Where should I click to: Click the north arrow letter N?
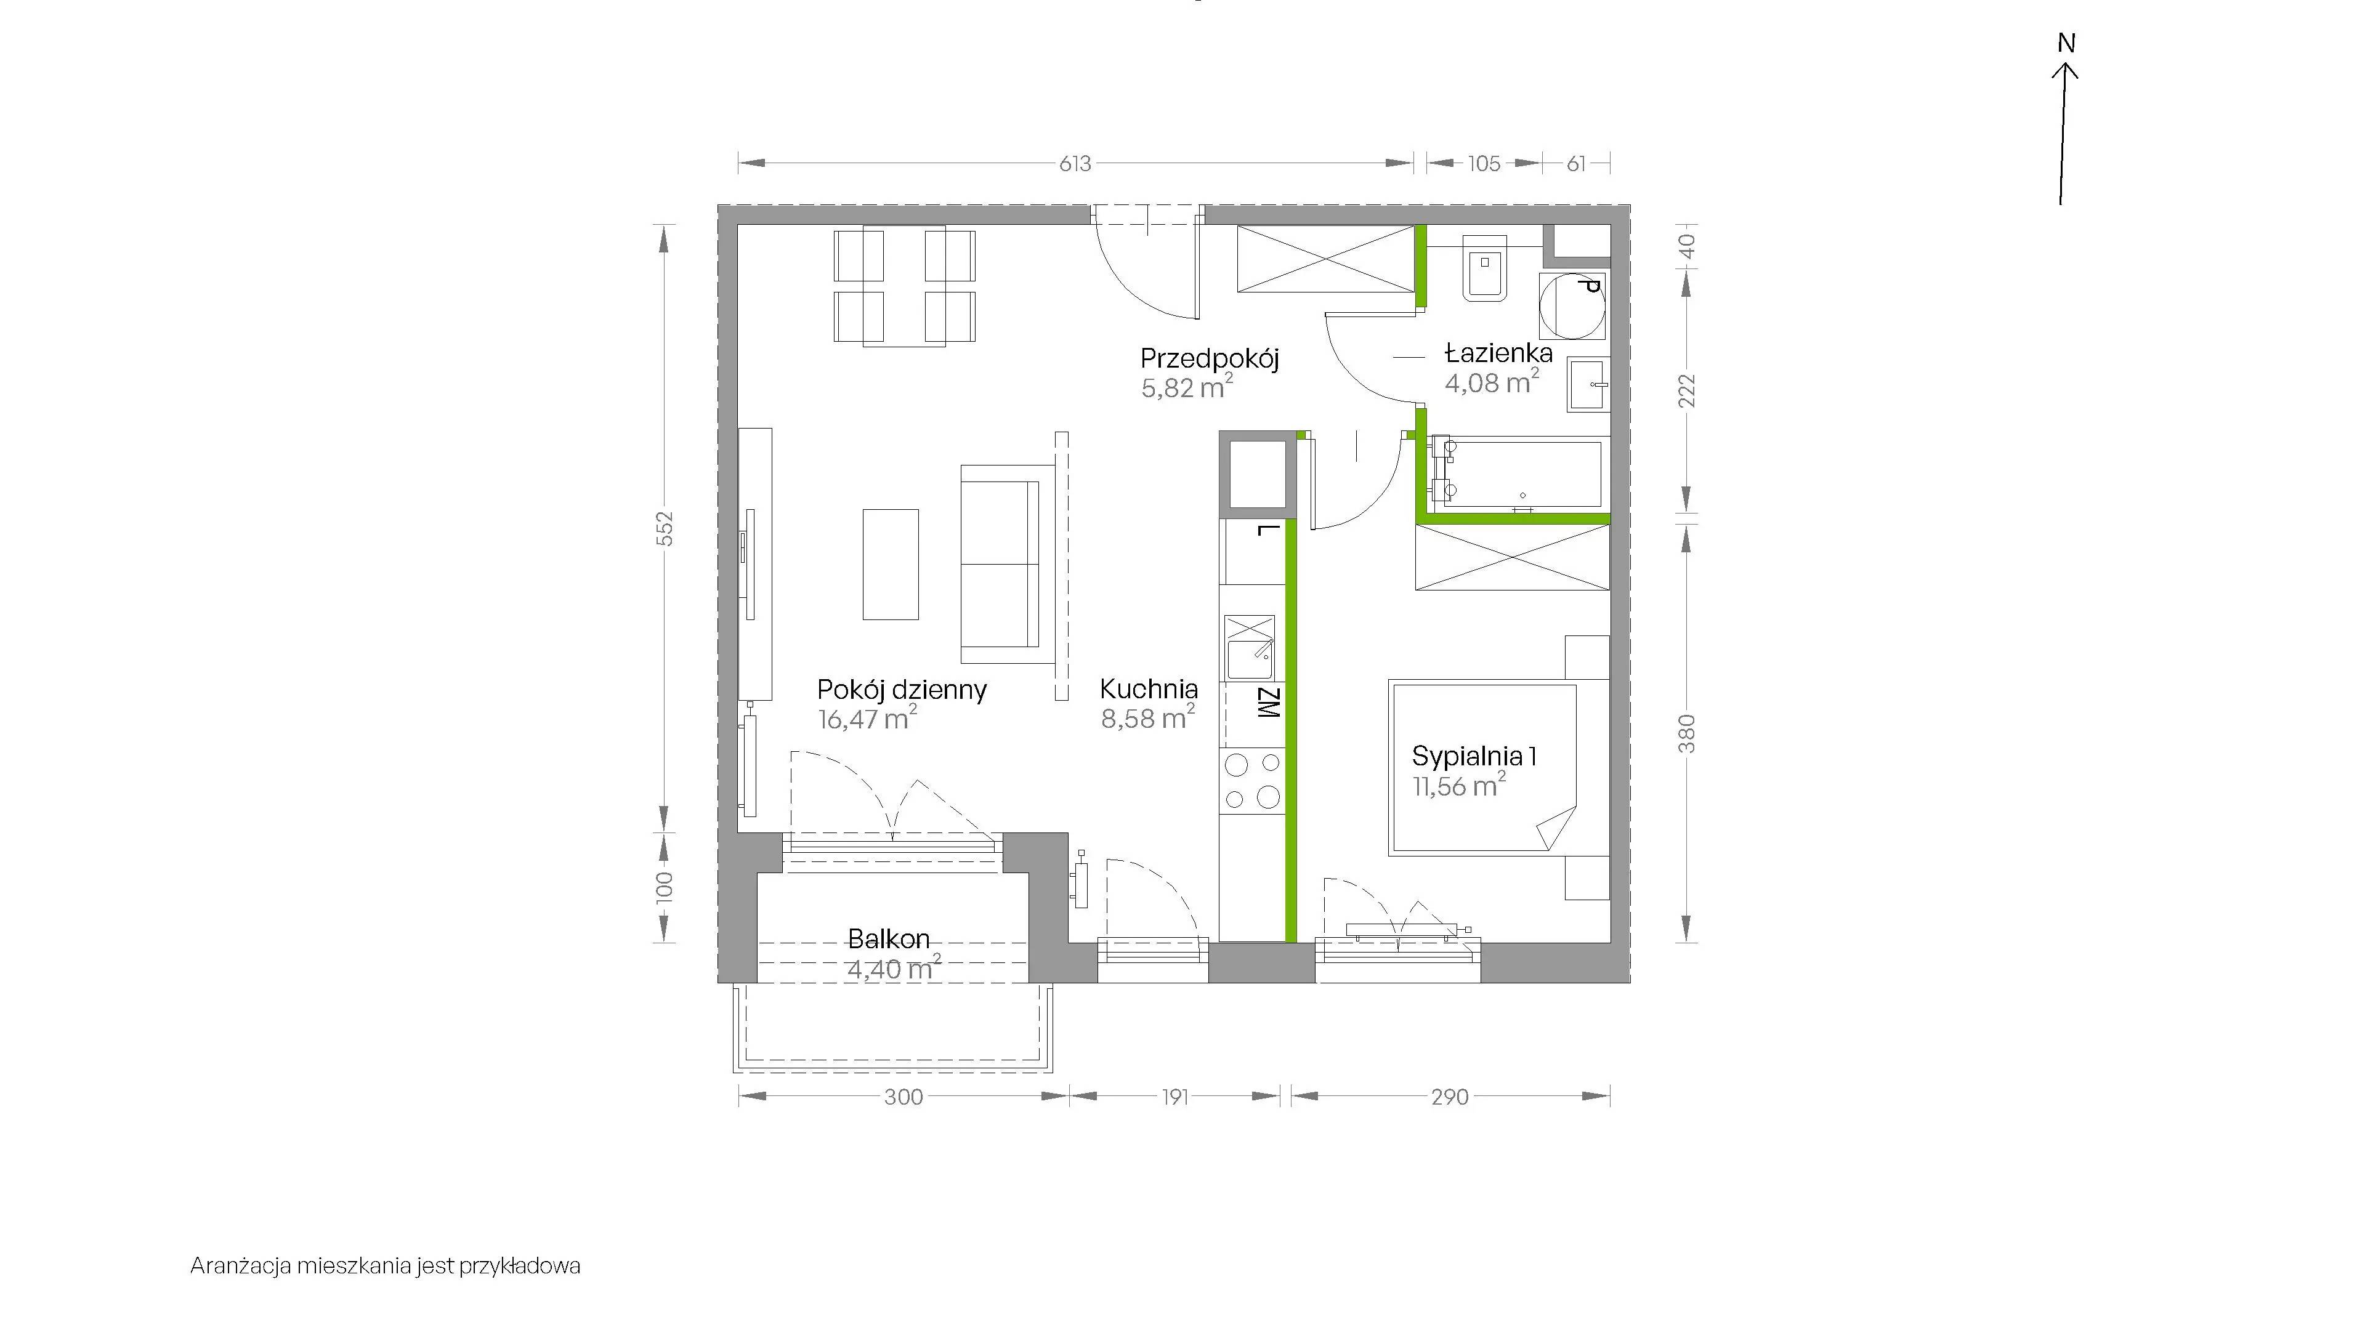(x=2066, y=43)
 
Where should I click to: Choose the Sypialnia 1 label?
(x=1474, y=756)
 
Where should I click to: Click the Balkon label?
(x=889, y=939)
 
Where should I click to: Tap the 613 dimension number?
(x=1075, y=163)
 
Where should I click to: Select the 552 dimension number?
(x=666, y=529)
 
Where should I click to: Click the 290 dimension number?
(x=1450, y=1097)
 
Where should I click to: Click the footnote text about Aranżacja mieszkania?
(x=386, y=1266)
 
